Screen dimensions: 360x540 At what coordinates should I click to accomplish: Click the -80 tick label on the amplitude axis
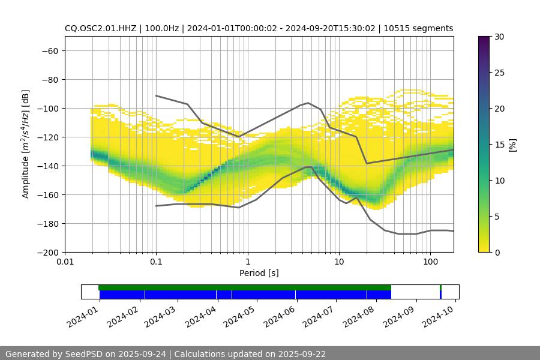point(49,80)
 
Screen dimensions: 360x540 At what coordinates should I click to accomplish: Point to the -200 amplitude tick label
point(47,253)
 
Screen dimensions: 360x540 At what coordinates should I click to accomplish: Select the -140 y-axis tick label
point(47,166)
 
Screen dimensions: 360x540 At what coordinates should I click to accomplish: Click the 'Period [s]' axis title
point(259,273)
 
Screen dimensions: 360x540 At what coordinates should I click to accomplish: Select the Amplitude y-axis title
point(25,144)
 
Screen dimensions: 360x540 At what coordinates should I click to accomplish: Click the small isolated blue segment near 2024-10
point(440,295)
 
